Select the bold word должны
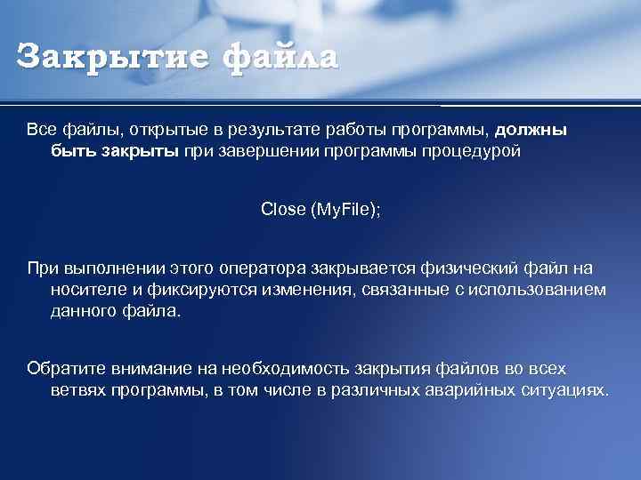point(531,130)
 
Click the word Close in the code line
point(283,210)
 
